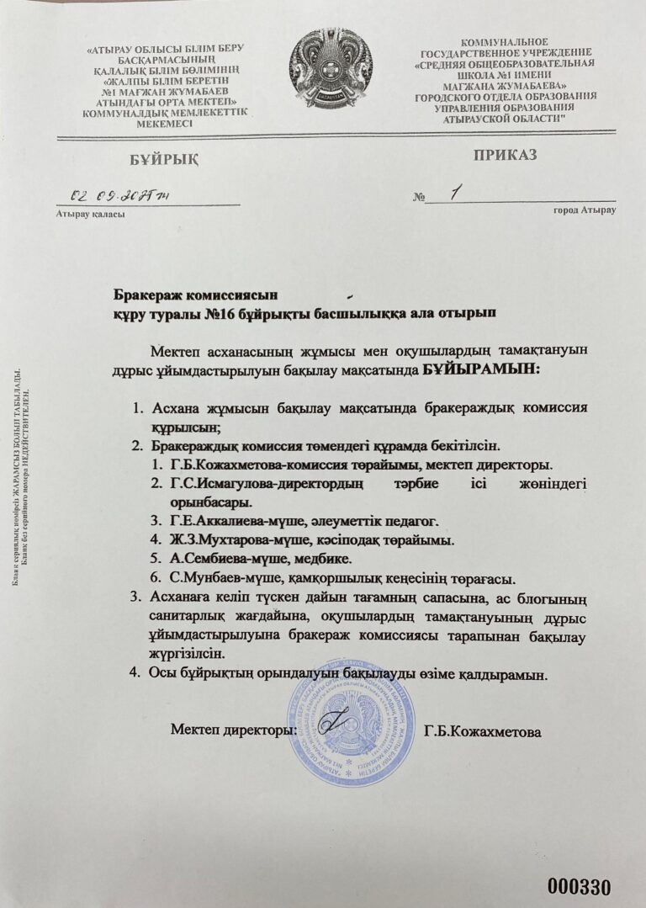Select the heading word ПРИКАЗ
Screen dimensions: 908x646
pos(505,155)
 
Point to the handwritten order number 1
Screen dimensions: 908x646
pos(458,193)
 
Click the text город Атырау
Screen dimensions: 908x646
pos(584,210)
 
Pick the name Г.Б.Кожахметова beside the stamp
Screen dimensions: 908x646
pos(482,730)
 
